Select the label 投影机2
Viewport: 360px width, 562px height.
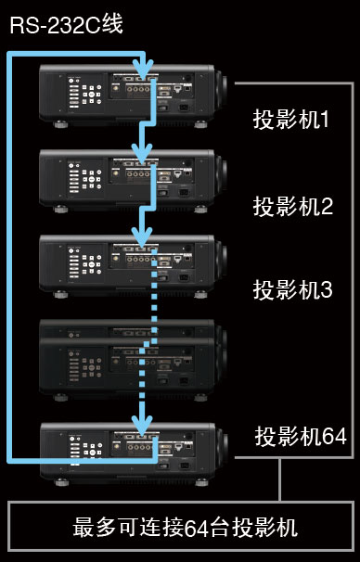pyautogui.click(x=292, y=205)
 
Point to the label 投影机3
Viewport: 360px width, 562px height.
pyautogui.click(x=292, y=289)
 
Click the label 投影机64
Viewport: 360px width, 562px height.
pyautogui.click(x=300, y=437)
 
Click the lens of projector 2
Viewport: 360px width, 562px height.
pyautogui.click(x=224, y=172)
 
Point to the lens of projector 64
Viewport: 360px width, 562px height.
pyautogui.click(x=224, y=450)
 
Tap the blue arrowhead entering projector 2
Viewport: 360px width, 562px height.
pyautogui.click(x=142, y=154)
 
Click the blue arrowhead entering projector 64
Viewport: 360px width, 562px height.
pyautogui.click(x=142, y=427)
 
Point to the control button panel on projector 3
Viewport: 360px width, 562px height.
pyautogui.click(x=83, y=263)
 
